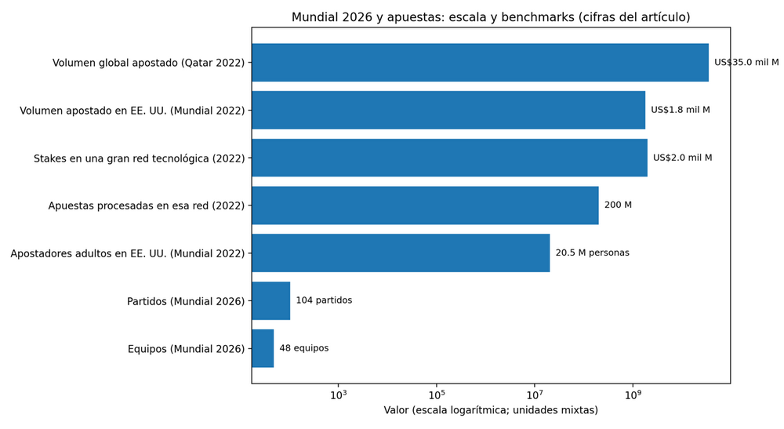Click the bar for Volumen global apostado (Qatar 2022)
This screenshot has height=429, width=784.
(x=480, y=63)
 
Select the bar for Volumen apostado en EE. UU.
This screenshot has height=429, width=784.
(x=448, y=110)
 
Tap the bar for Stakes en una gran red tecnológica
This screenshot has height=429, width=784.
(x=449, y=158)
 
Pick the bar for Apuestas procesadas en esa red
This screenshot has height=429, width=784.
(x=425, y=205)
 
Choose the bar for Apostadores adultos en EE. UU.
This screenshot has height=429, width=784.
(x=401, y=253)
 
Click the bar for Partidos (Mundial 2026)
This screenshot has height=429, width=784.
(x=271, y=301)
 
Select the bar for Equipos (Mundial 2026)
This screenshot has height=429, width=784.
(x=263, y=348)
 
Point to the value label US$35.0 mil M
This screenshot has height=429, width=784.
(x=746, y=63)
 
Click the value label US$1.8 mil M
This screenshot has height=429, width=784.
(x=680, y=110)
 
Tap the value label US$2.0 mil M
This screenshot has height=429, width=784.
(x=682, y=158)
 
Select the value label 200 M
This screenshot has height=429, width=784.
(x=618, y=205)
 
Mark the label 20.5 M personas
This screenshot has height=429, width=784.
(x=592, y=253)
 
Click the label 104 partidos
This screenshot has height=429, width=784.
(x=324, y=301)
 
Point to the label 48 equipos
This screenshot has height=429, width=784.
(x=304, y=348)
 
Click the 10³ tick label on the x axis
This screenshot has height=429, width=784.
(x=339, y=394)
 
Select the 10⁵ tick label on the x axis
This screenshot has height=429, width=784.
(x=437, y=394)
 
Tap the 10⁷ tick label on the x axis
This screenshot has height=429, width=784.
(x=535, y=394)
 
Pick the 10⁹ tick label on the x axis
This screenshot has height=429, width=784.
(x=633, y=394)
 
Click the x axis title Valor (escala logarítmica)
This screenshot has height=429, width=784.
(x=491, y=411)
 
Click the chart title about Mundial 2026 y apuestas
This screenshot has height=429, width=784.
(x=491, y=17)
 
